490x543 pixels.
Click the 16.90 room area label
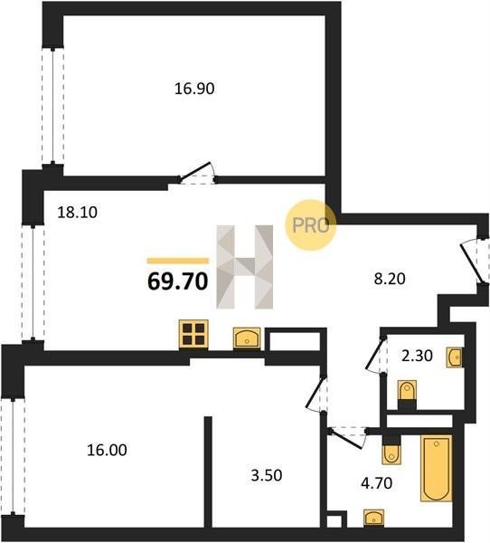coord(194,89)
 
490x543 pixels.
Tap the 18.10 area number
coord(77,212)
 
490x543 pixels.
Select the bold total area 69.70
coord(177,281)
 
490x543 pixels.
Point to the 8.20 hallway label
coord(390,279)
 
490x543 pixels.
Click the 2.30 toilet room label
coord(417,356)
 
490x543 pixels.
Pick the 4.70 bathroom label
coord(376,483)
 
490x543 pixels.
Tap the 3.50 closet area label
coord(267,475)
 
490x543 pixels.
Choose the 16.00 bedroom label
coord(107,450)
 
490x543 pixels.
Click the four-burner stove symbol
coord(193,335)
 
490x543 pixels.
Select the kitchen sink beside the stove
coord(247,338)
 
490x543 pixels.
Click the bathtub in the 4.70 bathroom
coord(437,468)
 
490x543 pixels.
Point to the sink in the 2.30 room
coord(455,357)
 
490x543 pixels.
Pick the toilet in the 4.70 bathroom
coord(391,450)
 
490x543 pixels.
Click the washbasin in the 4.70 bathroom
coord(373,519)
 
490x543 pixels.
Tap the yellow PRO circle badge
coord(310,225)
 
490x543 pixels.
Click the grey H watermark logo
coord(245,267)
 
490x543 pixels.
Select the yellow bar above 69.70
coord(178,261)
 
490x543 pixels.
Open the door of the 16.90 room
coord(197,172)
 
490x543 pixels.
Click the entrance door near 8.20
coord(472,262)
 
